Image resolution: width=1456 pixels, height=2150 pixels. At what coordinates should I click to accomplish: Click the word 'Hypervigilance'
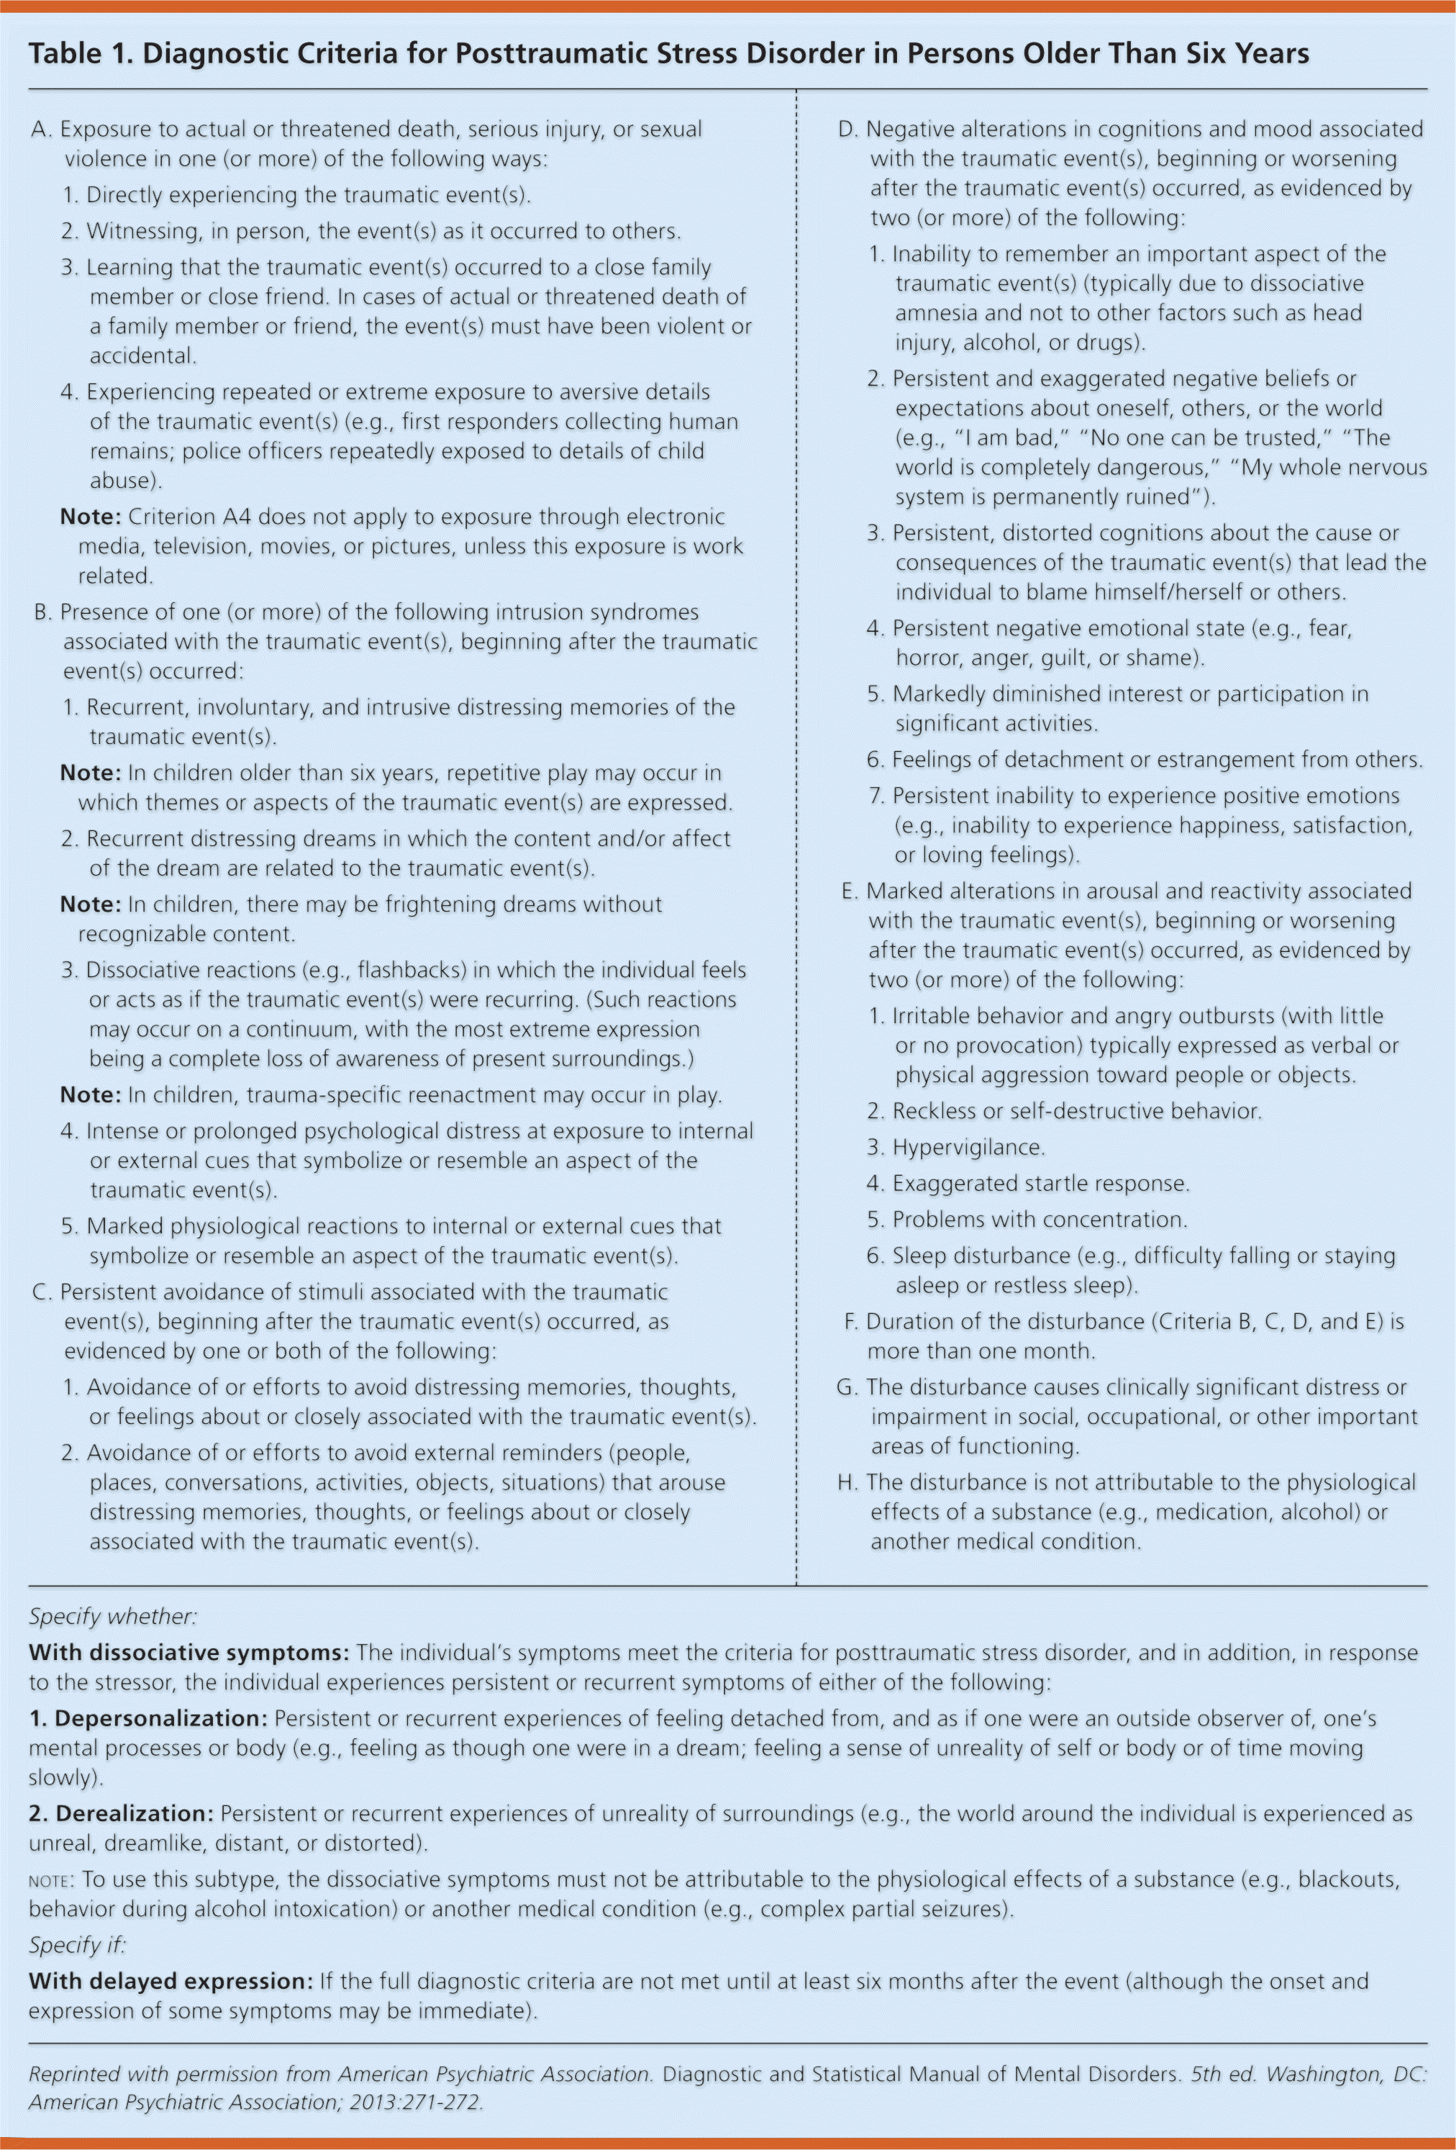[x=967, y=1147]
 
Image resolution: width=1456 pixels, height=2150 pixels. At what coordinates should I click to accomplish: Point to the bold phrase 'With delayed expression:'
[x=171, y=1981]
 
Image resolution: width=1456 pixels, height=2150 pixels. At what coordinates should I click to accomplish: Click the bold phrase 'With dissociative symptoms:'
[x=188, y=1652]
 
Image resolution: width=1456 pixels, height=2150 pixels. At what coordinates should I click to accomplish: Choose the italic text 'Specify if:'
[x=77, y=1945]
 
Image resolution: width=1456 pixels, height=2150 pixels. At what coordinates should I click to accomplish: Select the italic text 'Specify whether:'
[x=113, y=1616]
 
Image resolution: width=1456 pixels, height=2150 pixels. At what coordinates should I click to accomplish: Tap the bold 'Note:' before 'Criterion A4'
[x=91, y=516]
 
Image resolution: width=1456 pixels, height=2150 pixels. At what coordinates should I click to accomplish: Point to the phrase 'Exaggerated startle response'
[x=1039, y=1183]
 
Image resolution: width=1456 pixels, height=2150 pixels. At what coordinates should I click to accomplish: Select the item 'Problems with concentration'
[x=1038, y=1220]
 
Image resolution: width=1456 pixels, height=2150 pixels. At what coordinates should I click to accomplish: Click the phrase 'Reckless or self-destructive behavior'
[x=1075, y=1111]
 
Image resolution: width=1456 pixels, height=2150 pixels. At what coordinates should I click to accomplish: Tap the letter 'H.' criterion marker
[x=847, y=1482]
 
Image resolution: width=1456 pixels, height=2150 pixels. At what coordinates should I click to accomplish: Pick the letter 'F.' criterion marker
[x=850, y=1321]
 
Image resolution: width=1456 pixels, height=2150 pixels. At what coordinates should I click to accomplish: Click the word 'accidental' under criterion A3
[x=142, y=356]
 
